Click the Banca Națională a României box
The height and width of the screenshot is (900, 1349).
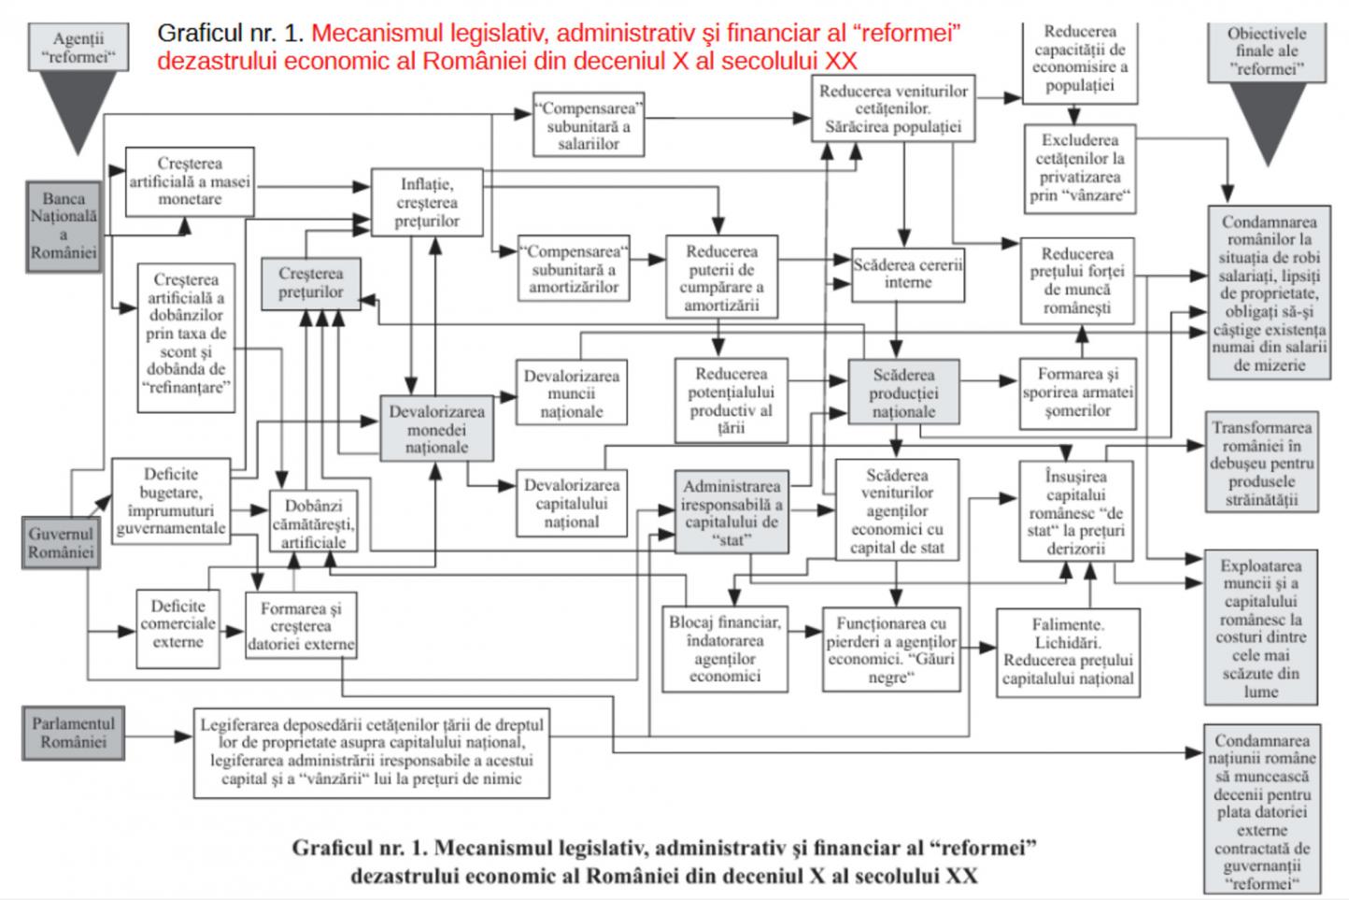pyautogui.click(x=64, y=226)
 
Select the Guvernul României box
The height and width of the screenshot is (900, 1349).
pyautogui.click(x=61, y=542)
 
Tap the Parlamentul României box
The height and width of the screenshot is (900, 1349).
pyautogui.click(x=74, y=733)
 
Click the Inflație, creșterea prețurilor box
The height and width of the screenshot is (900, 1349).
pyautogui.click(x=427, y=203)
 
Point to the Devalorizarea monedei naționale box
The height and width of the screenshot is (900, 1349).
pyautogui.click(x=436, y=429)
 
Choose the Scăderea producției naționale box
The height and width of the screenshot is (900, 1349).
pyautogui.click(x=904, y=393)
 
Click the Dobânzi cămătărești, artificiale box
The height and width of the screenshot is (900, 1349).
pyautogui.click(x=313, y=522)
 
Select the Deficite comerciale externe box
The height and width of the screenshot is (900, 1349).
pyautogui.click(x=178, y=628)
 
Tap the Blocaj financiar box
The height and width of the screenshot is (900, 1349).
pyautogui.click(x=725, y=649)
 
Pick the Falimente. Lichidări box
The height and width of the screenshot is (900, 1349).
pyautogui.click(x=1068, y=652)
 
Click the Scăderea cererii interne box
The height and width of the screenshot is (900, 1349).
pyautogui.click(x=907, y=275)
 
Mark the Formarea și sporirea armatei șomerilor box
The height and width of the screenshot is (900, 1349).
pyautogui.click(x=1078, y=393)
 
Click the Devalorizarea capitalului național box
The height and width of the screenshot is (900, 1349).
pyautogui.click(x=572, y=503)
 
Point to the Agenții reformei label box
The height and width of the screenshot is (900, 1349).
pyautogui.click(x=78, y=47)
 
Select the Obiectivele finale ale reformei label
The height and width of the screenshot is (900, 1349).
pyautogui.click(x=1267, y=51)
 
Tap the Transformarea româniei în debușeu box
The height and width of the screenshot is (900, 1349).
pyautogui.click(x=1262, y=463)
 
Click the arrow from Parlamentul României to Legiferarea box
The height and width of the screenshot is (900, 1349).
pyautogui.click(x=159, y=736)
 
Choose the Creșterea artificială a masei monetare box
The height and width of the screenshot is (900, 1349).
pyautogui.click(x=190, y=181)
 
